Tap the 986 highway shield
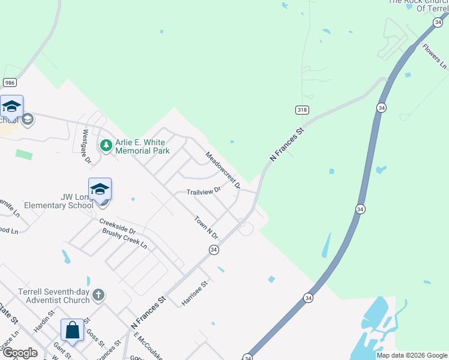click(8, 82)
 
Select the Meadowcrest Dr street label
click(223, 169)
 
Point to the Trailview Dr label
click(203, 191)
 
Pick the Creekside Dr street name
click(118, 227)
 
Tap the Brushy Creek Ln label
click(124, 238)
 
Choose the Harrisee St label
click(195, 293)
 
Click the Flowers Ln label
click(435, 55)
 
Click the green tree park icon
click(106, 146)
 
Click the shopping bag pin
click(72, 331)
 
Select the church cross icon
click(98, 295)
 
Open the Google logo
click(20, 353)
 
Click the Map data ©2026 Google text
click(411, 355)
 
